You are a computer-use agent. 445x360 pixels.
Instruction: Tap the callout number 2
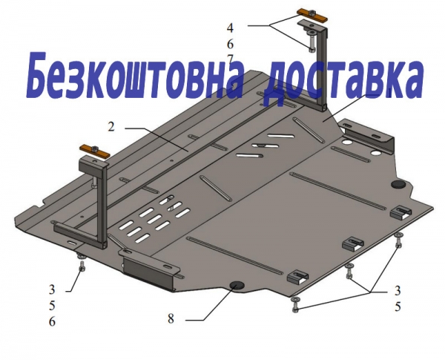point(111,127)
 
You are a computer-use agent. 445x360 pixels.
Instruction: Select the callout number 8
point(171,318)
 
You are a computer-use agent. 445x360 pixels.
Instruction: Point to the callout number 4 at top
point(230,27)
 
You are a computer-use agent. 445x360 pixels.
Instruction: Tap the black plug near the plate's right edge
point(398,184)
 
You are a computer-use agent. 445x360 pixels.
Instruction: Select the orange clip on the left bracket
point(94,151)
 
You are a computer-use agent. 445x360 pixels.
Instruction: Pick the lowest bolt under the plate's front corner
point(296,304)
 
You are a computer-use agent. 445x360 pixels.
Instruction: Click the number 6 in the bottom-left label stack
point(52,321)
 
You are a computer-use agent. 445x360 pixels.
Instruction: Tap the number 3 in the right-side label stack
point(398,290)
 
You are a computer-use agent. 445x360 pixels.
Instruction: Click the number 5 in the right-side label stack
point(398,307)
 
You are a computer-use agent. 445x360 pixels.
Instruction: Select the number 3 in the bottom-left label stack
point(52,289)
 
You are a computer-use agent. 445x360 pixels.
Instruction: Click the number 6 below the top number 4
point(230,44)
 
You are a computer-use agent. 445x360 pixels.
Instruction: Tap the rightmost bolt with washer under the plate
point(399,240)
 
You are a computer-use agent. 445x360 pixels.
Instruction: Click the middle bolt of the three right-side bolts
point(349,272)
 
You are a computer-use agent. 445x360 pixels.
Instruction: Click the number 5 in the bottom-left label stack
point(52,306)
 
